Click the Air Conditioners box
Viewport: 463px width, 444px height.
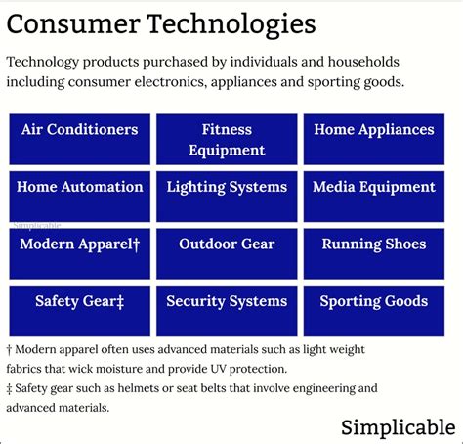pos(79,139)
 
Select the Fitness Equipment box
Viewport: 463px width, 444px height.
pos(227,139)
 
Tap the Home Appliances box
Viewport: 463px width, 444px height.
pos(374,139)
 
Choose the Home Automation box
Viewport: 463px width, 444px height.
pos(79,196)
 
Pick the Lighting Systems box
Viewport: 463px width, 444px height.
pos(227,196)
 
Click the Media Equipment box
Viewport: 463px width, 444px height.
pos(374,196)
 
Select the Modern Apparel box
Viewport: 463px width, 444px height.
pos(79,253)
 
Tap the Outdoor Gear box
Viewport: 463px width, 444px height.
pos(227,253)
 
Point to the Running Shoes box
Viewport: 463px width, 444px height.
pos(374,253)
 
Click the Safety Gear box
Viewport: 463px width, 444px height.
pos(79,311)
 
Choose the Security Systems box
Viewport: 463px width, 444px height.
pos(227,311)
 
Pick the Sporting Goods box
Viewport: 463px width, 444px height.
pos(374,311)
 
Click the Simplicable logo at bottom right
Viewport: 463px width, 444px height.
pos(398,426)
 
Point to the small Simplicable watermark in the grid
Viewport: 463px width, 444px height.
pos(37,224)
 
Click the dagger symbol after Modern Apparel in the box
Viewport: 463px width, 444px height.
pos(136,244)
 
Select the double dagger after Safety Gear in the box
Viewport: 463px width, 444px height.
pos(118,302)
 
